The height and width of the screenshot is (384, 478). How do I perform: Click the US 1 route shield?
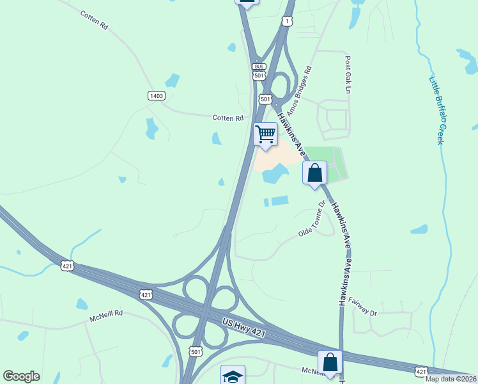tap(287, 21)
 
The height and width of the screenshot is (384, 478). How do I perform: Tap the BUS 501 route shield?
tap(259, 71)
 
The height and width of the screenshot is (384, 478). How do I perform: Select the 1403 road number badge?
tap(156, 96)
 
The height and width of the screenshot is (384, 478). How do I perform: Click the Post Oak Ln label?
tap(348, 75)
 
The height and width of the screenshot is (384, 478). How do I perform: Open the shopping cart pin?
tap(265, 134)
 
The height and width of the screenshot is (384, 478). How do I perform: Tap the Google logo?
tap(21, 376)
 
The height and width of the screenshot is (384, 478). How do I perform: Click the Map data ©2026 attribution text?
tap(451, 379)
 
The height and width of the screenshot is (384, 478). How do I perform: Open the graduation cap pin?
tap(233, 376)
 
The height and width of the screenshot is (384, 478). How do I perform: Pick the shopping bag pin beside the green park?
tap(314, 173)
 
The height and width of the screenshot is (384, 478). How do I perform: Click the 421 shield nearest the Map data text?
tap(420, 371)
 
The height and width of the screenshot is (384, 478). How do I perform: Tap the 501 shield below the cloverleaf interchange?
tap(196, 350)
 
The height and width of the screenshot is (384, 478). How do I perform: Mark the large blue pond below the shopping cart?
tap(274, 173)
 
